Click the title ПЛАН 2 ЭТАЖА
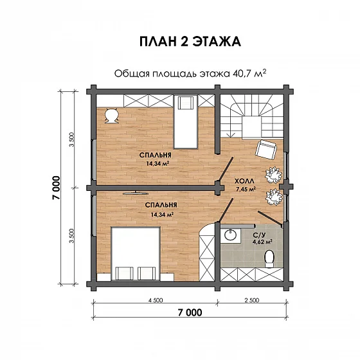click(x=190, y=42)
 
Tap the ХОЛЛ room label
click(x=244, y=181)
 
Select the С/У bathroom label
click(x=260, y=235)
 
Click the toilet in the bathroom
click(x=269, y=258)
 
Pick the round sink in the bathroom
click(x=230, y=235)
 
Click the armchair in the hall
click(x=266, y=149)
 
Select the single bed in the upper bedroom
click(x=186, y=122)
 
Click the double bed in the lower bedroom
click(x=136, y=254)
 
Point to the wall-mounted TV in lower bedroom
click(x=136, y=193)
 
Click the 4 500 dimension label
click(x=156, y=300)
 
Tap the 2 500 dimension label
click(x=252, y=300)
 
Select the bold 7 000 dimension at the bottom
click(x=190, y=312)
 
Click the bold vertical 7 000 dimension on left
click(x=56, y=188)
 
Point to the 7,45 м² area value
click(x=246, y=189)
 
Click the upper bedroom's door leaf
click(x=226, y=169)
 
